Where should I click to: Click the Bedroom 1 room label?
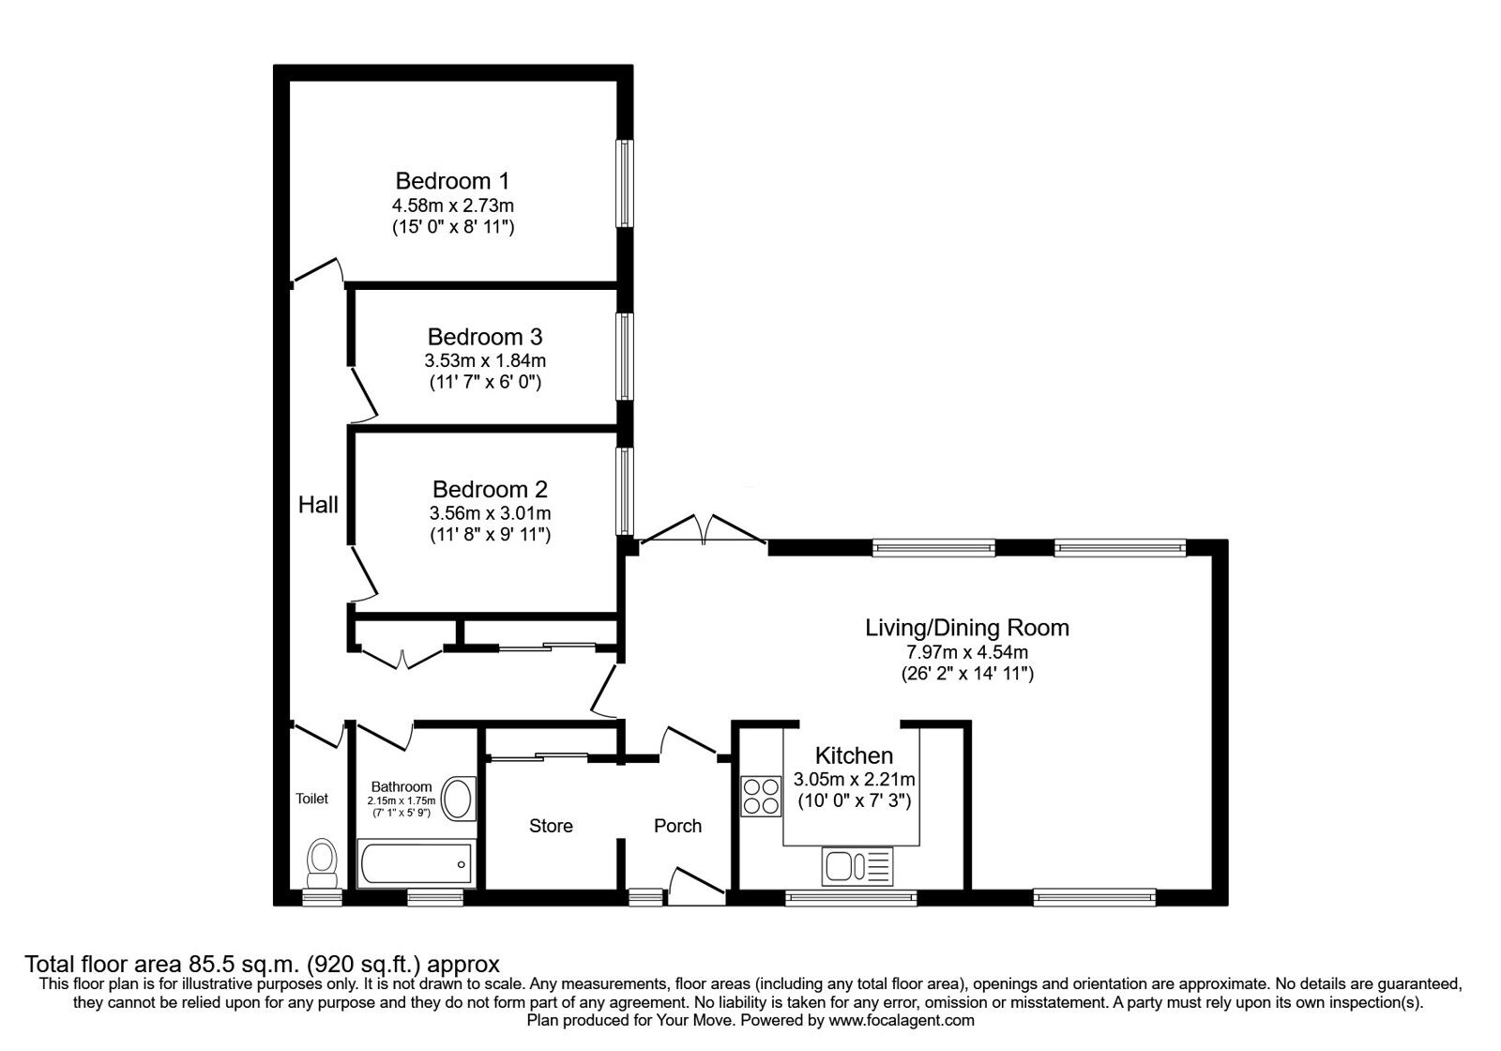tap(452, 180)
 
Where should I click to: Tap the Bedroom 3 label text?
tap(484, 336)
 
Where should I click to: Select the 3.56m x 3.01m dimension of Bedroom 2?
tap(490, 513)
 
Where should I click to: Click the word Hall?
tap(318, 505)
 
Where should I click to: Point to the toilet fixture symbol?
tap(322, 862)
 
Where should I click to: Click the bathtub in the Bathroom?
tap(414, 863)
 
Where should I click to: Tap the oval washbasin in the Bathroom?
tap(458, 799)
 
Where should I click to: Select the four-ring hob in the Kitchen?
tap(761, 796)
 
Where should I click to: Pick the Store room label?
tap(551, 826)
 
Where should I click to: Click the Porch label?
tap(677, 826)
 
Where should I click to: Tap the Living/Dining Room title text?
tap(966, 627)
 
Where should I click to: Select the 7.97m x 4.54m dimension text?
tap(966, 652)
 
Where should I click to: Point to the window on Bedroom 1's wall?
tap(622, 183)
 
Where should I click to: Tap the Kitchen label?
tap(854, 755)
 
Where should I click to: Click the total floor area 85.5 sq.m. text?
tap(261, 964)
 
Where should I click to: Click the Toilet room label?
tap(312, 799)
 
